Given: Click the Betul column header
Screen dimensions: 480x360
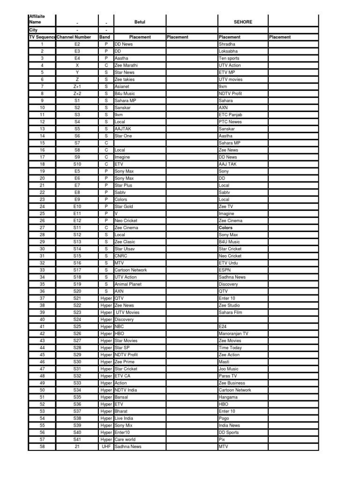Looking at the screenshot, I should click(x=140, y=22).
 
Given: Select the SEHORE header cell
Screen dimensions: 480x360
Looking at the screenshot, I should click(x=243, y=22).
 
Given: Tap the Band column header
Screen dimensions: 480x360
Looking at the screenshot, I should click(x=105, y=37).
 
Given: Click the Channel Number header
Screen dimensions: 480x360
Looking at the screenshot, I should click(x=74, y=37).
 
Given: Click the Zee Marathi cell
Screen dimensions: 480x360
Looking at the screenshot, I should click(x=126, y=66).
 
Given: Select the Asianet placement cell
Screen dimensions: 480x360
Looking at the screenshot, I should click(x=123, y=87).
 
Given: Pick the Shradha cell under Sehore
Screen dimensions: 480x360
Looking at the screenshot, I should click(x=227, y=44).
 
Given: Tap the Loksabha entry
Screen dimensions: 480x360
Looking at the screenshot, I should click(x=229, y=51).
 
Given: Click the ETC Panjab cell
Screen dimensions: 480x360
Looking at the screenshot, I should click(x=231, y=115).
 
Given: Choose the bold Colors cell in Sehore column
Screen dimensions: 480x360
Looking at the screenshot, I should click(x=225, y=228).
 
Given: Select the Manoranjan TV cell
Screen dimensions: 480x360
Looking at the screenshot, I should click(x=233, y=334).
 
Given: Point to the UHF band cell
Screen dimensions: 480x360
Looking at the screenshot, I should click(x=105, y=447).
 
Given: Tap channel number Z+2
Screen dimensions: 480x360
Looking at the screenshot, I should click(x=77, y=94).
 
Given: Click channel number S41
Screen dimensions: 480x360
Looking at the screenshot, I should click(x=77, y=440).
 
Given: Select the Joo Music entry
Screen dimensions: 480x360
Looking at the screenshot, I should click(x=229, y=369).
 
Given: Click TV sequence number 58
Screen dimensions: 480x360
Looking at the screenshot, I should click(x=42, y=447).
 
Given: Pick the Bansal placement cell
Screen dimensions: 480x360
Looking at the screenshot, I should click(x=121, y=397).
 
